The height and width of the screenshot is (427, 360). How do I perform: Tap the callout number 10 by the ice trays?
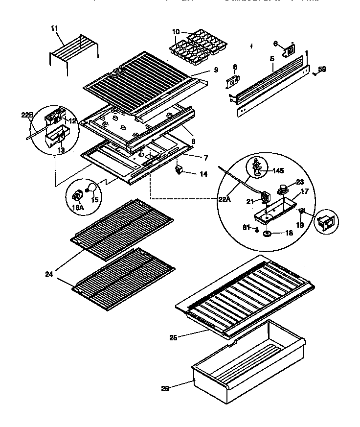pos(176,32)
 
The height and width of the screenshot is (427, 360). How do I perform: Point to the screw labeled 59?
pos(315,74)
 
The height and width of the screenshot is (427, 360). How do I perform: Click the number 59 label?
pos(322,69)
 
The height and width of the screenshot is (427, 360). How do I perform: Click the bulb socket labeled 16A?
pos(76,196)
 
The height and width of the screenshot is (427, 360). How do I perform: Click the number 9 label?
pos(215,70)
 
